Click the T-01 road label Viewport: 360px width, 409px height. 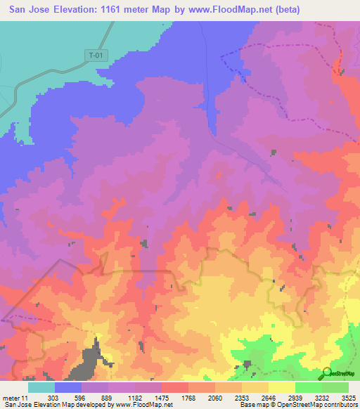coord(97,55)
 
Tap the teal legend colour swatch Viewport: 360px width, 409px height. coord(41,387)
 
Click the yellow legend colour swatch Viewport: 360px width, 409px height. coord(282,387)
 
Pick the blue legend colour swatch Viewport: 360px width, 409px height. coord(68,387)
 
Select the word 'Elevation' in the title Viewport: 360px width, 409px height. coord(81,10)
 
